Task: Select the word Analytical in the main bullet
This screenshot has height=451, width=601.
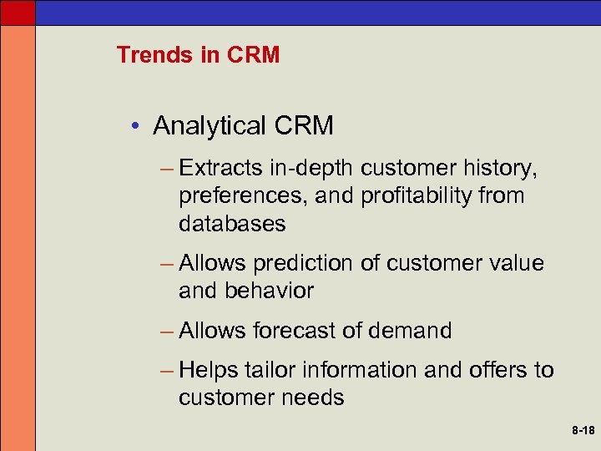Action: (207, 126)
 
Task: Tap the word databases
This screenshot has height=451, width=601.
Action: (232, 224)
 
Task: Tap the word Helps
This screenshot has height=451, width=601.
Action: (209, 370)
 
